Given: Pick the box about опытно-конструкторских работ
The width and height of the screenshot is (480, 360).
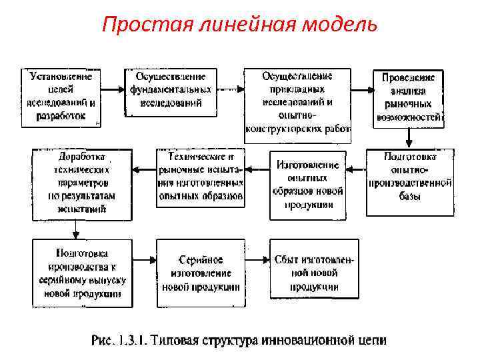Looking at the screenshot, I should (297, 101).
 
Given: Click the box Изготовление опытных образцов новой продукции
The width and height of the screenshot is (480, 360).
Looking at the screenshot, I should (307, 185).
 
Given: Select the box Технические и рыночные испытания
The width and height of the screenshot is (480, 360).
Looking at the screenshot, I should (201, 177).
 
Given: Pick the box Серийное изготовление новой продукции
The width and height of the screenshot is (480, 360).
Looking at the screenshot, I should (201, 273).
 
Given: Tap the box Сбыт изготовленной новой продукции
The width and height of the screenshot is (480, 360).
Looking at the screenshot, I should (314, 272).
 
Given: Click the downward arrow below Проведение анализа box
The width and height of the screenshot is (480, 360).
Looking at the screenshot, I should (409, 137).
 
